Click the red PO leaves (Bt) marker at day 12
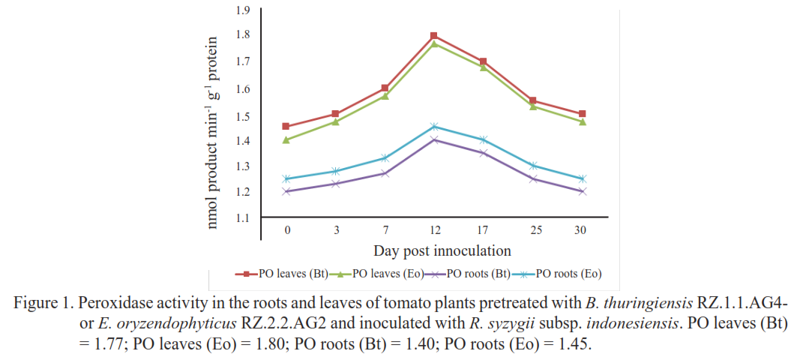[x=434, y=36]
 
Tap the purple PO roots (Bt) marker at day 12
[x=434, y=139]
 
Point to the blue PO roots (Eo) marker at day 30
[x=580, y=178]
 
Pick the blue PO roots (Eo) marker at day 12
[x=434, y=126]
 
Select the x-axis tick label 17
[x=482, y=229]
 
